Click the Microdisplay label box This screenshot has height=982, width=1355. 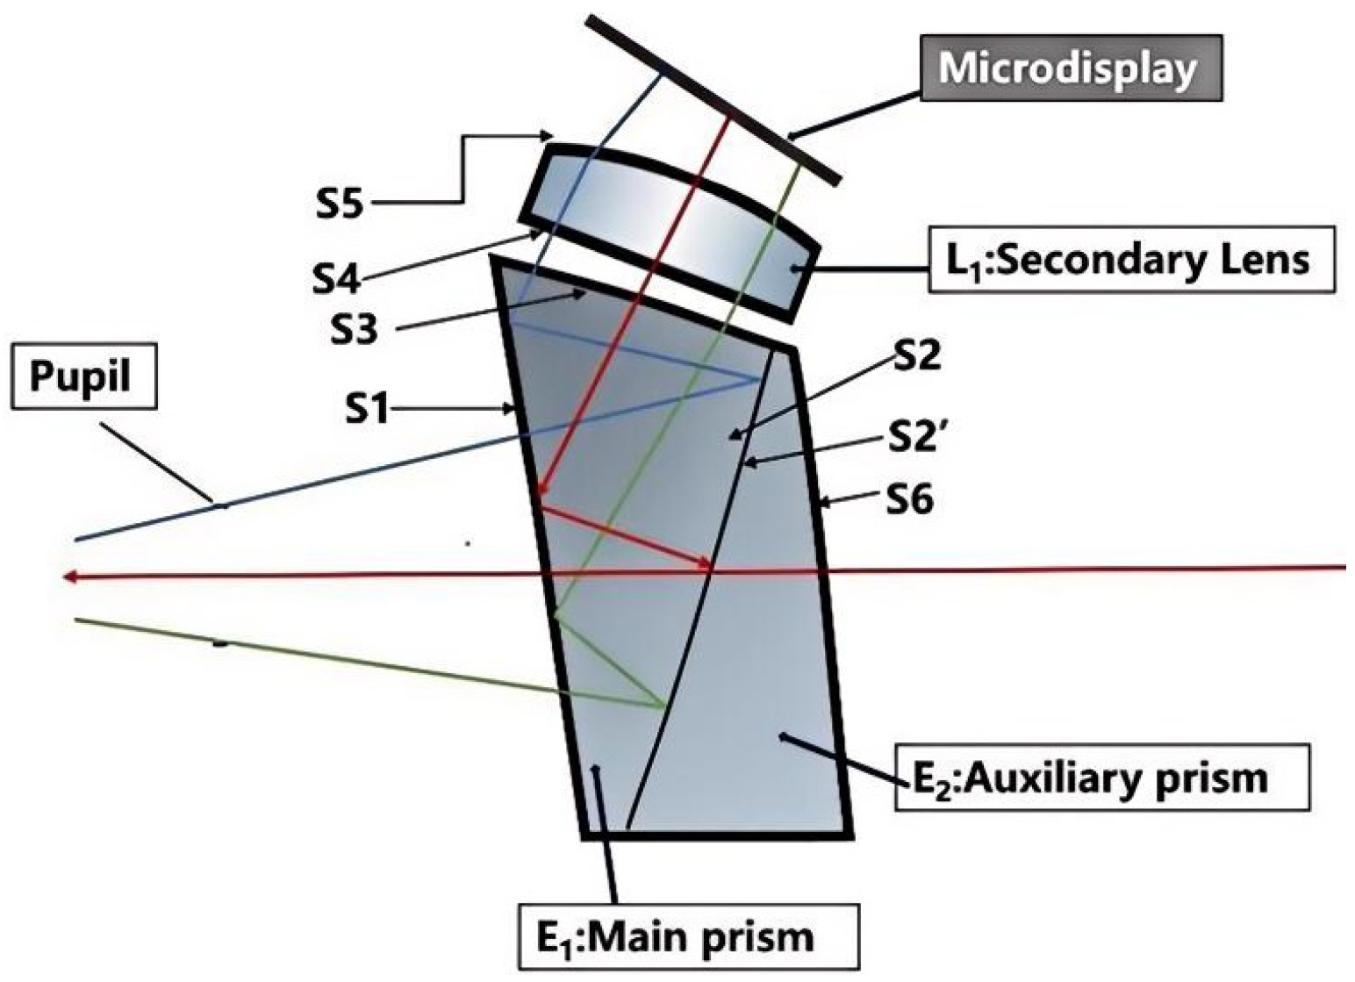point(1070,68)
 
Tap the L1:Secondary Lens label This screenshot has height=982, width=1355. point(1132,260)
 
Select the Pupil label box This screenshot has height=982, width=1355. point(83,376)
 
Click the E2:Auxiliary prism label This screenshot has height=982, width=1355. point(1101,778)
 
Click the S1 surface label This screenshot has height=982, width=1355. point(366,408)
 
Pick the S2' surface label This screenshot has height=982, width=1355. point(914,437)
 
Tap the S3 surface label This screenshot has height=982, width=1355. point(354,331)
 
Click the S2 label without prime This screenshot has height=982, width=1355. point(916,355)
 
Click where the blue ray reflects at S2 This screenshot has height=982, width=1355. point(760,379)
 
